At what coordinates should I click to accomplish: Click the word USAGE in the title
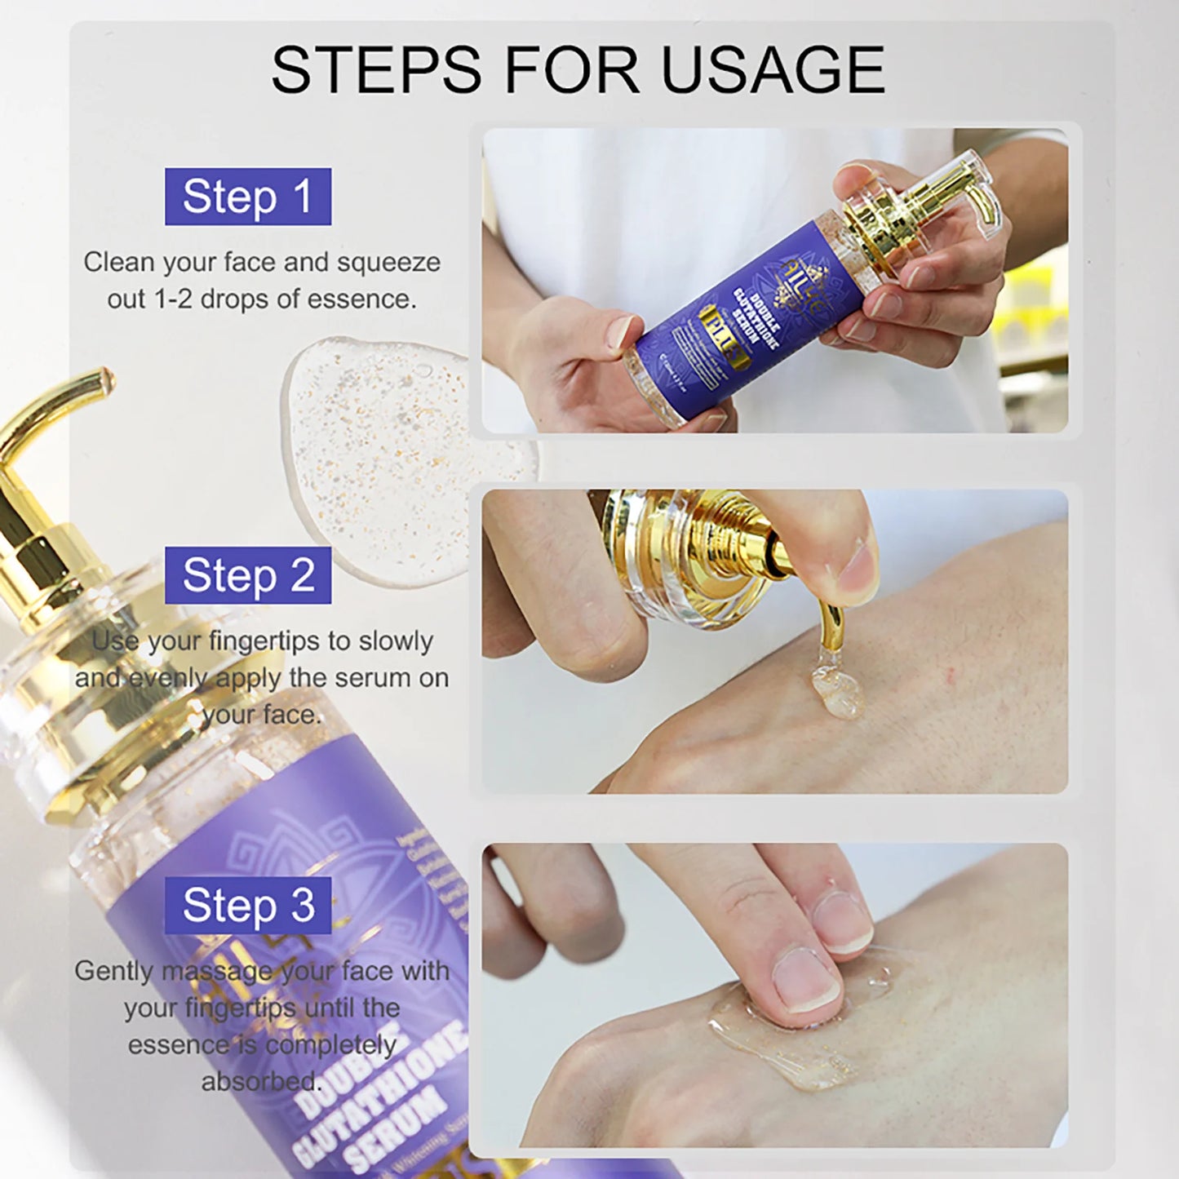click(x=773, y=70)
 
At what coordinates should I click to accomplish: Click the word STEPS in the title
click(x=376, y=70)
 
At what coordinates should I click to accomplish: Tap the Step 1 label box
click(x=248, y=197)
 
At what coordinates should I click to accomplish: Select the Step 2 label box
click(x=248, y=575)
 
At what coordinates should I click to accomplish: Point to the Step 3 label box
click(x=248, y=905)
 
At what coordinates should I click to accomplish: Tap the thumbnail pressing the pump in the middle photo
click(x=857, y=571)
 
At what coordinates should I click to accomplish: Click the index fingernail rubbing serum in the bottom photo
click(x=804, y=979)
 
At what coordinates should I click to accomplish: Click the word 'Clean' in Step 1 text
click(x=119, y=263)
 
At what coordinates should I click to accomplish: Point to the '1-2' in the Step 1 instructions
click(x=173, y=299)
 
